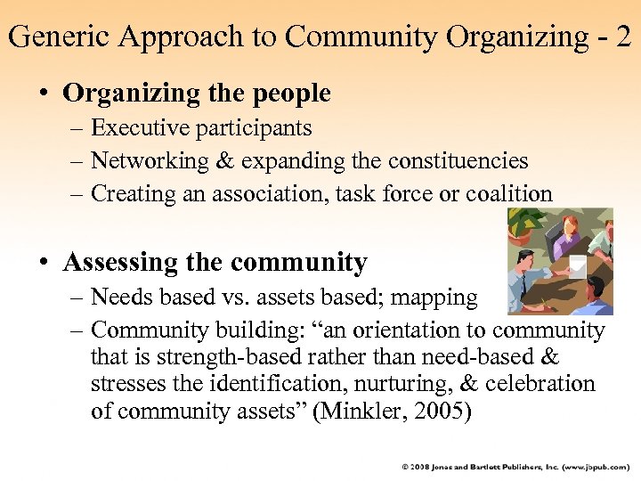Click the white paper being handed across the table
578,265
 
